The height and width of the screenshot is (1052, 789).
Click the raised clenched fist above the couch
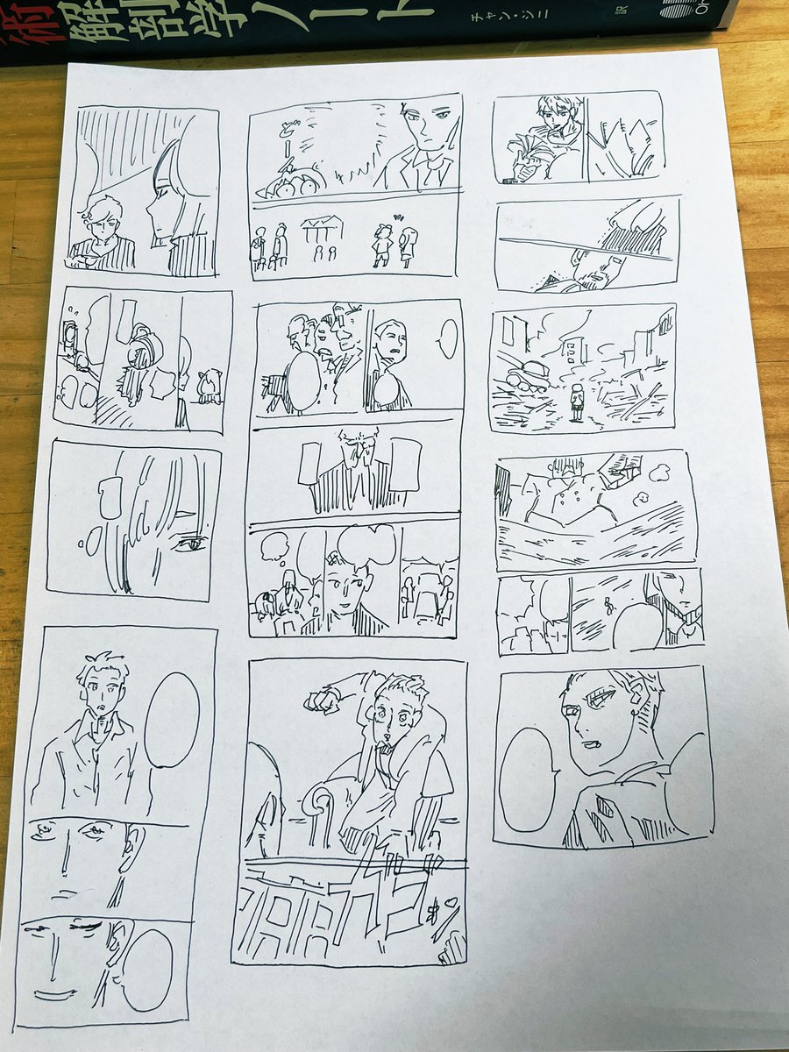click(x=321, y=699)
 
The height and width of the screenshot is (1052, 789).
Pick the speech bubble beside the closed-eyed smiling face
click(x=146, y=969)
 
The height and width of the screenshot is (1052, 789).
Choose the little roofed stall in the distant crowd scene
click(x=322, y=230)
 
